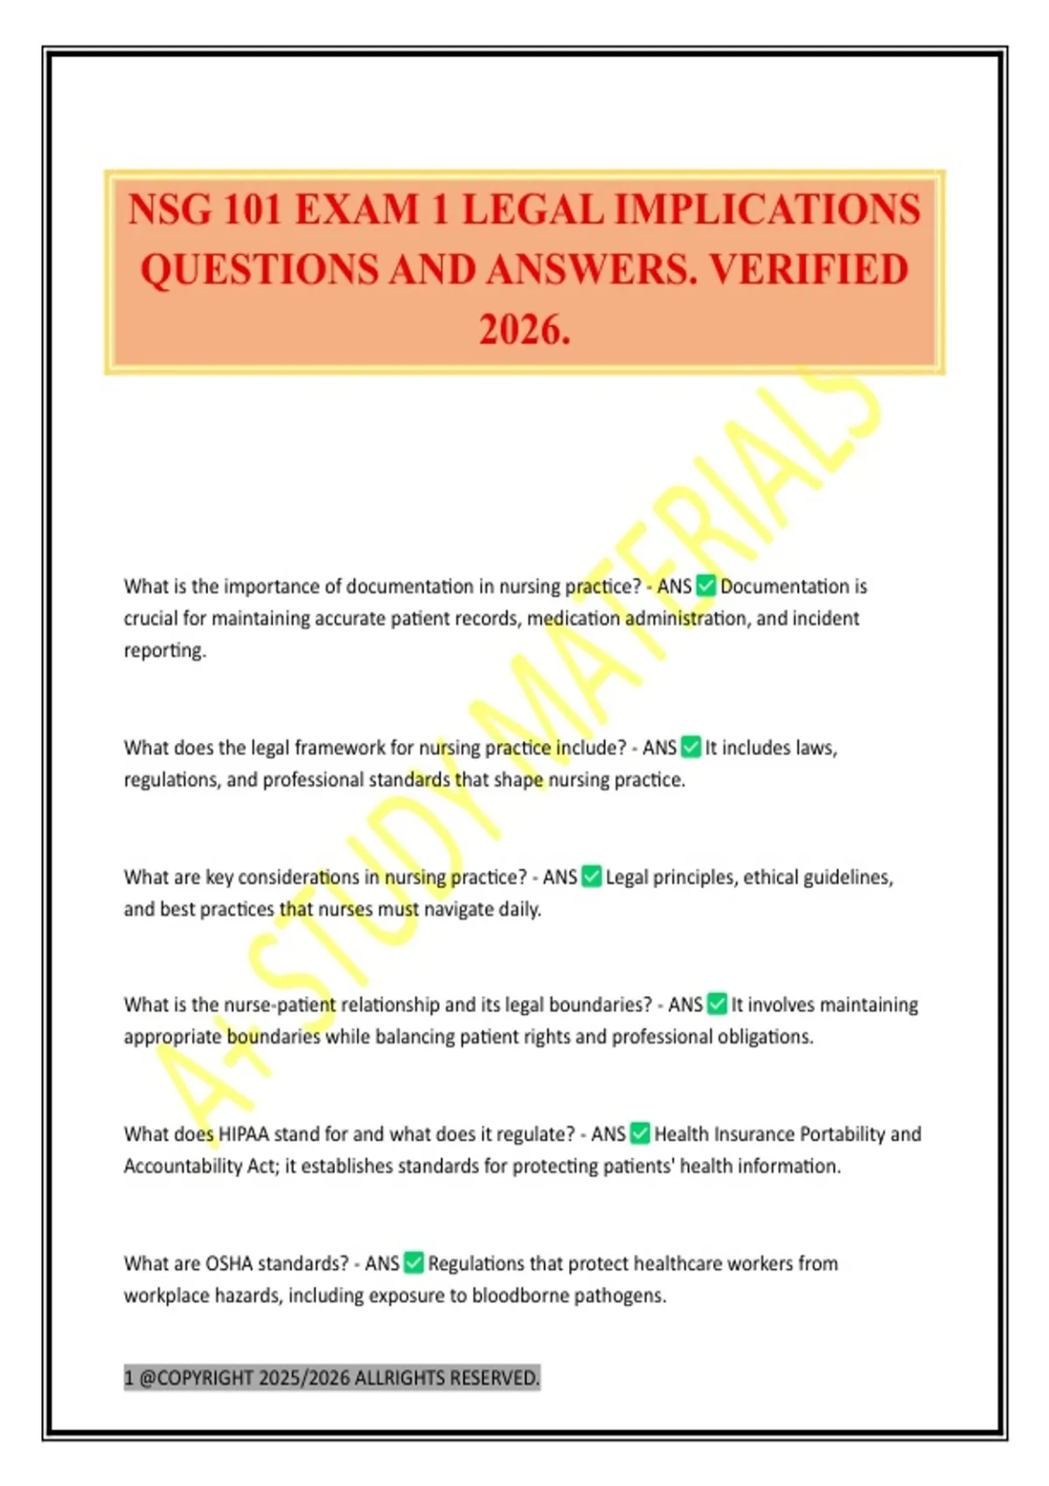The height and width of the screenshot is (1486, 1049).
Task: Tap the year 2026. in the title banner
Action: click(x=524, y=330)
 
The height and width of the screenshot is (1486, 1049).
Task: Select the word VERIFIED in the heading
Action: click(x=808, y=269)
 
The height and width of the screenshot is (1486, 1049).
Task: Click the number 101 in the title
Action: click(x=252, y=210)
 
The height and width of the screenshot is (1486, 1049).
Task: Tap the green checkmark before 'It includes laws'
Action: click(x=691, y=747)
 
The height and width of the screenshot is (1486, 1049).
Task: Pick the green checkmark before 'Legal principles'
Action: click(x=591, y=876)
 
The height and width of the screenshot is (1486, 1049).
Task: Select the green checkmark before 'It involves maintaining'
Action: click(x=717, y=1004)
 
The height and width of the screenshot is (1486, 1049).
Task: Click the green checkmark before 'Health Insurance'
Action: click(x=640, y=1134)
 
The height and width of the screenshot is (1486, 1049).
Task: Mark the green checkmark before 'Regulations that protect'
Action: click(x=413, y=1263)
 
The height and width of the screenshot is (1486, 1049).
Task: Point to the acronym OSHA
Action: click(x=229, y=1264)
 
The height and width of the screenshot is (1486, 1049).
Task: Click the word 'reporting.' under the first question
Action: click(x=165, y=651)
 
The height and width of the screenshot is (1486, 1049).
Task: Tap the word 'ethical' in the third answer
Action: click(x=769, y=877)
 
